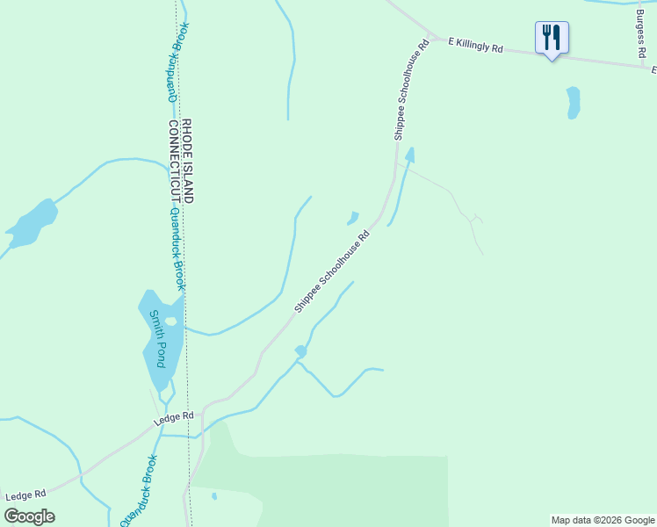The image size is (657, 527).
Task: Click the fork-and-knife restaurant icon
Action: [552, 39]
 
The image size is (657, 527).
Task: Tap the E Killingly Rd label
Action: [475, 45]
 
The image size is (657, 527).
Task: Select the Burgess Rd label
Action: [640, 29]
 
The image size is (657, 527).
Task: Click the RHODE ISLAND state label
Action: [186, 161]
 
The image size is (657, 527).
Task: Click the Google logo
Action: [29, 516]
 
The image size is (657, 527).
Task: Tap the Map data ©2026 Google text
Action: [603, 520]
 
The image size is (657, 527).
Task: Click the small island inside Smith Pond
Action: [170, 321]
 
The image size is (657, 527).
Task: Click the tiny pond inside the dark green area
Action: [214, 496]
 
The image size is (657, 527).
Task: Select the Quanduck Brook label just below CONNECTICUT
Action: [177, 249]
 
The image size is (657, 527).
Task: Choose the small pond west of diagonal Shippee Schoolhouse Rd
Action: [353, 217]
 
